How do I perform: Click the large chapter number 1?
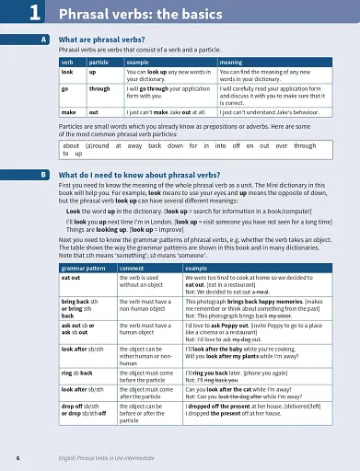coord(32,12)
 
